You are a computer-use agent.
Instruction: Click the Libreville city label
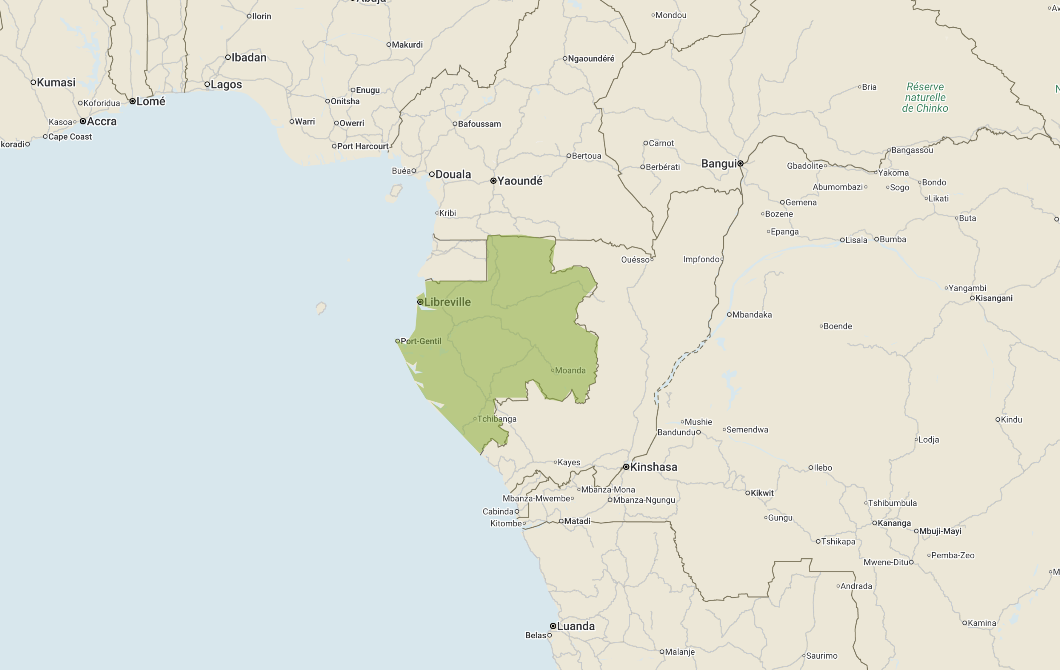tap(447, 302)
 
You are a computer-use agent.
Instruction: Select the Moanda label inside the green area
tap(570, 370)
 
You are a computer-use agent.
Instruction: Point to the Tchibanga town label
tap(496, 419)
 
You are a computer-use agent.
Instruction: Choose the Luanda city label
tap(575, 626)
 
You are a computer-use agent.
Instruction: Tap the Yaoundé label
tap(520, 181)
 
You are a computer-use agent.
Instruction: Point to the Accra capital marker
tap(83, 121)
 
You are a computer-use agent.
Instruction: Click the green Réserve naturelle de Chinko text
tap(925, 97)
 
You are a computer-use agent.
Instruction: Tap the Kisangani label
tap(994, 298)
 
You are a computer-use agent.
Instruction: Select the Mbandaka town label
tap(751, 315)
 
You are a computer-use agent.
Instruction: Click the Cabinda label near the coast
tap(498, 511)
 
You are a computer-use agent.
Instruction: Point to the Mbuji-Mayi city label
tap(940, 531)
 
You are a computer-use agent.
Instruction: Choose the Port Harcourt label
tap(362, 146)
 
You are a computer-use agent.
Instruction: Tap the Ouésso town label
tap(635, 260)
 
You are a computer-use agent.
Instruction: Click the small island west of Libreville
tap(321, 308)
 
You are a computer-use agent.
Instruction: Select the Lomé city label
tap(151, 101)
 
